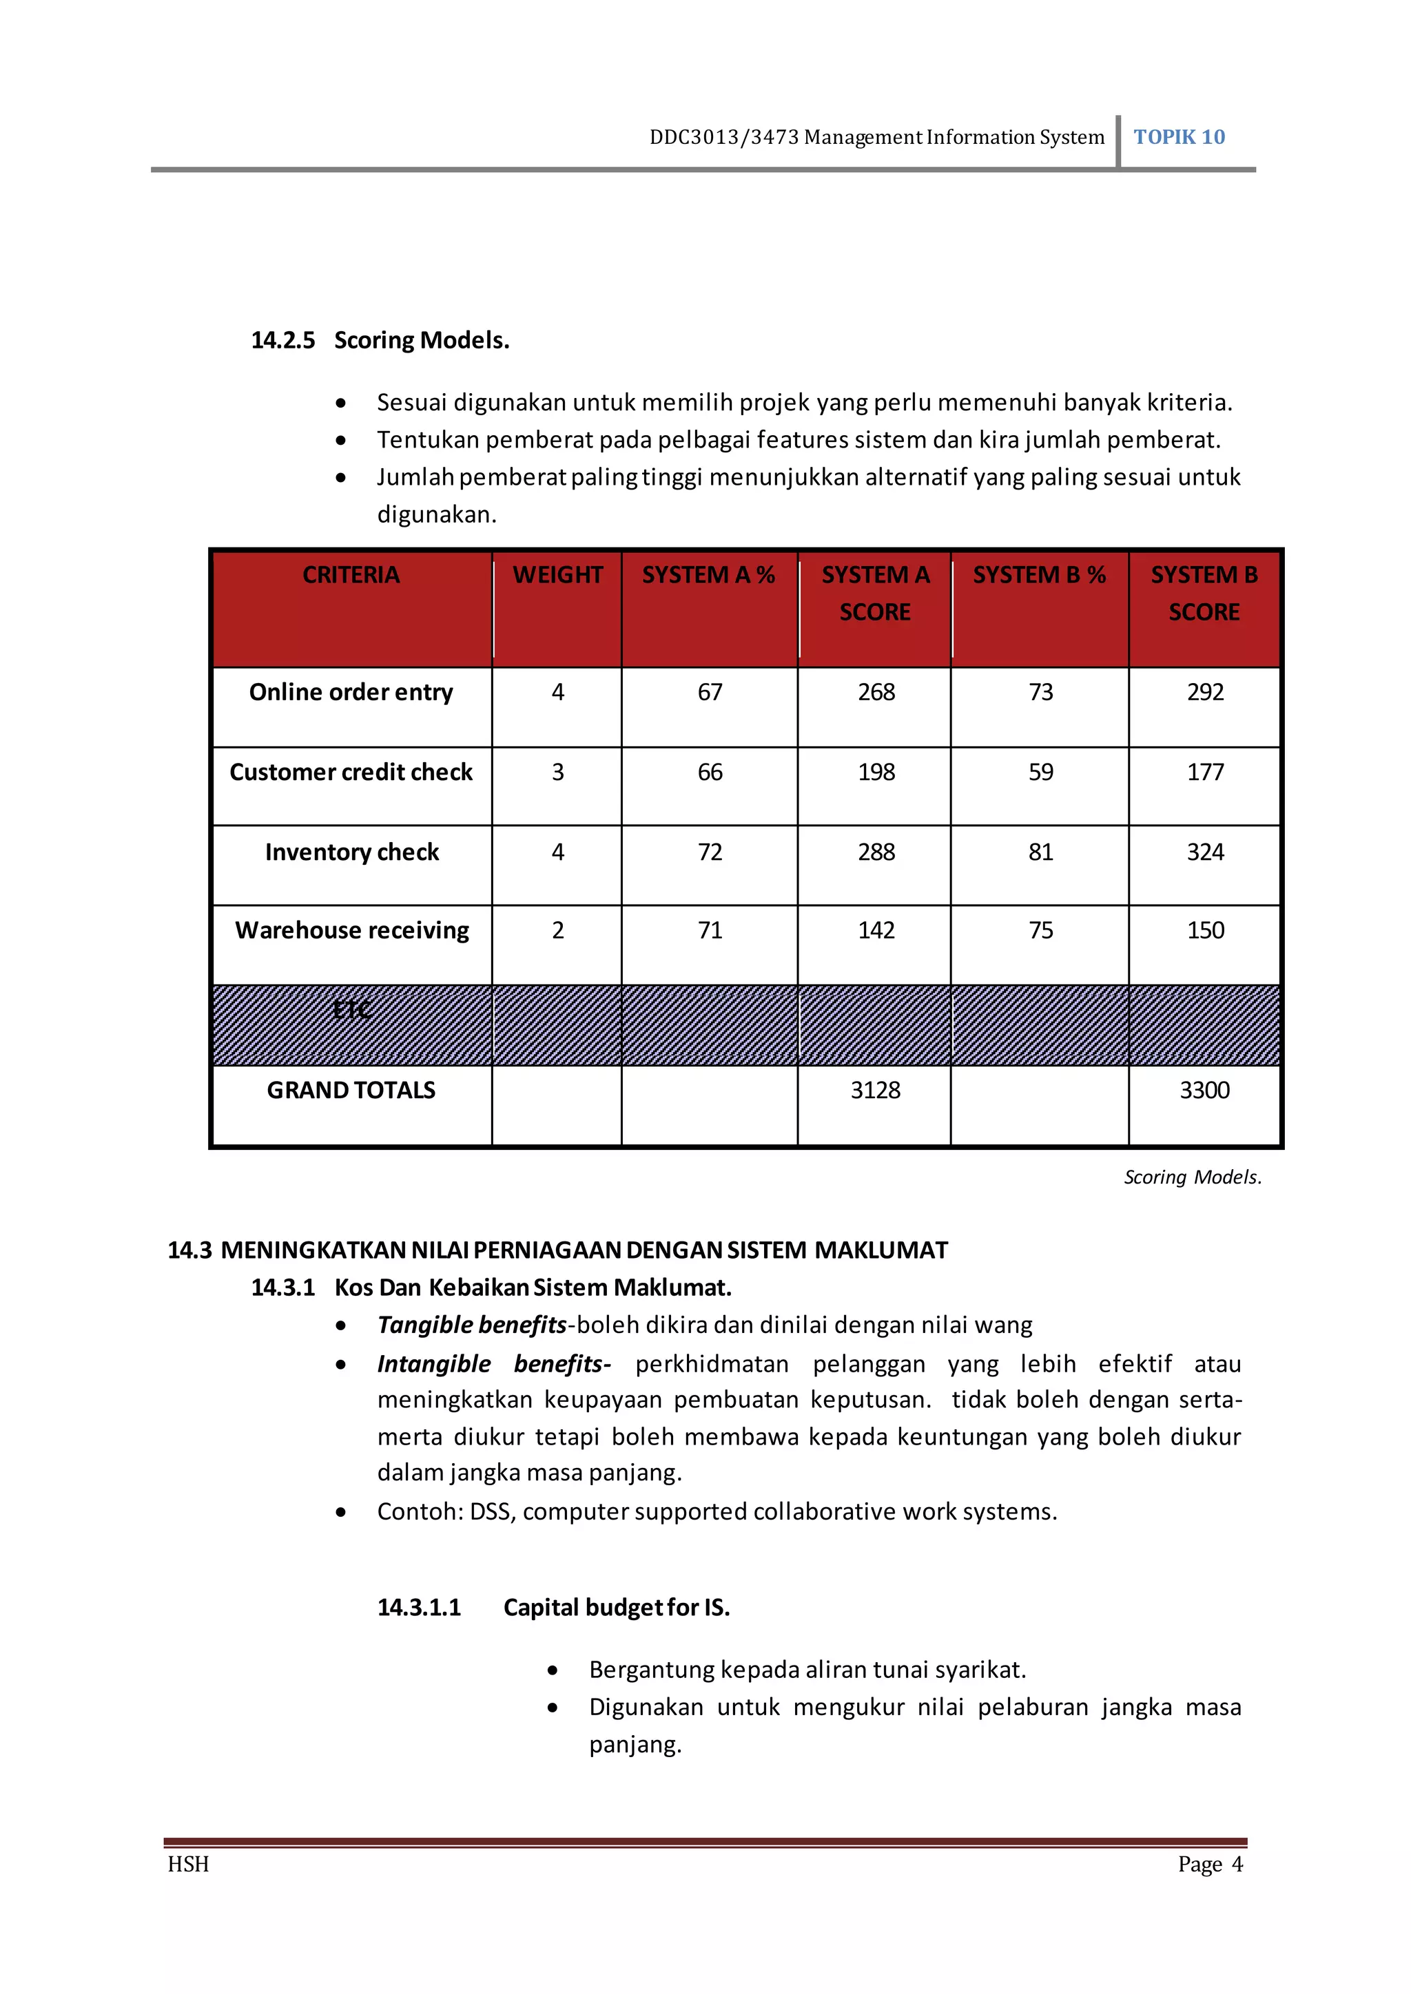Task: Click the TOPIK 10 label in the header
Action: (x=1178, y=137)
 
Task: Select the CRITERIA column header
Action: (x=351, y=575)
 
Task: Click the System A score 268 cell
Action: (x=876, y=692)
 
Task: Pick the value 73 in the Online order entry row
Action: (x=1040, y=692)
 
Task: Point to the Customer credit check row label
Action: (x=351, y=772)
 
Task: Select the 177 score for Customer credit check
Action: (x=1205, y=772)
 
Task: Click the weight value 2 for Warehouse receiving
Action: (x=558, y=930)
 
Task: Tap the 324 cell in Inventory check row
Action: (x=1205, y=852)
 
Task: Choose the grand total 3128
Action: (x=875, y=1090)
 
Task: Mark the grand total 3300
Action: (x=1204, y=1090)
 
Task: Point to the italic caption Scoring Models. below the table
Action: (x=1192, y=1177)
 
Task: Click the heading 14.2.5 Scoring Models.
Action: (x=380, y=339)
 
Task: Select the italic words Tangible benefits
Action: (x=472, y=1325)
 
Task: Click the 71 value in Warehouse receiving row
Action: (x=710, y=930)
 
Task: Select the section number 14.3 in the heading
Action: (x=189, y=1250)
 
